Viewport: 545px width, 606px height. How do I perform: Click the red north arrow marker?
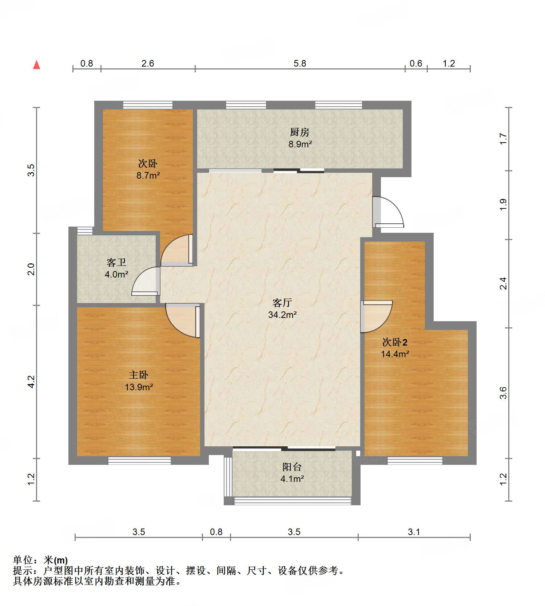click(x=36, y=65)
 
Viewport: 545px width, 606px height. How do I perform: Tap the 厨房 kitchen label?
click(x=299, y=132)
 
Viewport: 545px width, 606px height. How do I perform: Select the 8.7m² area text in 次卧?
click(x=148, y=175)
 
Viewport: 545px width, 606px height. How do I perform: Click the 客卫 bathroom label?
click(x=116, y=262)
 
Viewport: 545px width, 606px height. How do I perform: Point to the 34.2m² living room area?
click(x=282, y=315)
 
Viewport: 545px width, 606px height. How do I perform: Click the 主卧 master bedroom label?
click(x=138, y=375)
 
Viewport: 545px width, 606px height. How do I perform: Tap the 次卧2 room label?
click(x=395, y=342)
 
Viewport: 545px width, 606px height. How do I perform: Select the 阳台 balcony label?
click(x=292, y=467)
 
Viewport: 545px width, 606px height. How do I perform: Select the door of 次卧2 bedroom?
click(x=377, y=316)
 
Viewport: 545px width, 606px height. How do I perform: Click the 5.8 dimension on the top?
click(x=300, y=63)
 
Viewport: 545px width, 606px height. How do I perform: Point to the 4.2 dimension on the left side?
click(x=31, y=381)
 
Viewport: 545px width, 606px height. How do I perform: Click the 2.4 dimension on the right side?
click(x=503, y=283)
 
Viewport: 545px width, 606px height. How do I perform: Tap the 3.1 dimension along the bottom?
click(x=414, y=532)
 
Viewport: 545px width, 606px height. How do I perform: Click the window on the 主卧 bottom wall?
click(x=139, y=461)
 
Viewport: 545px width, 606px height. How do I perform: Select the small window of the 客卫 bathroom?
click(x=85, y=231)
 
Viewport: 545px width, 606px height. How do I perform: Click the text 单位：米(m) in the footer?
click(x=40, y=560)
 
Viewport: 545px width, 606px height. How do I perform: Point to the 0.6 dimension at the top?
click(x=415, y=63)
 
